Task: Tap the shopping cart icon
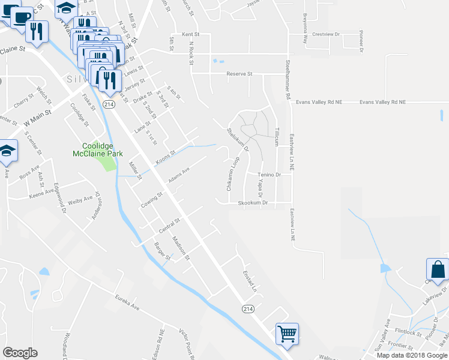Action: [288, 334]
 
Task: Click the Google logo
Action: [20, 353]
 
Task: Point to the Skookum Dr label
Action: [252, 203]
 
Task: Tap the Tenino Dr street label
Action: [270, 175]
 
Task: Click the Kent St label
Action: [182, 35]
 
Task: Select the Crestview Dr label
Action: [326, 34]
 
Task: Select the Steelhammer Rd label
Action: [288, 78]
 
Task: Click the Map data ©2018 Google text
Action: [411, 355]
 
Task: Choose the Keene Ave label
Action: [42, 194]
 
